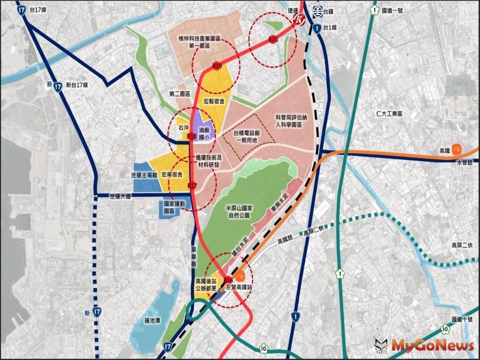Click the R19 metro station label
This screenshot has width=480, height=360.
217,66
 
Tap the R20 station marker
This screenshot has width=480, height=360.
274,40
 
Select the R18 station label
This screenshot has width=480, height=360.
191,136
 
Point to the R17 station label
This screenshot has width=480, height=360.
191,186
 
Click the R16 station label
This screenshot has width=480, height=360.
228,279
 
